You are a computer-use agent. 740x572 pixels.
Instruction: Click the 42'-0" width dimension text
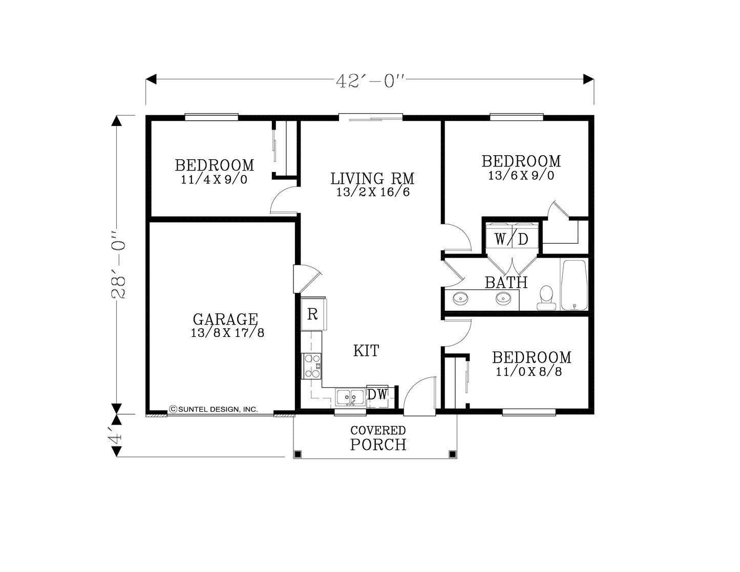pyautogui.click(x=370, y=81)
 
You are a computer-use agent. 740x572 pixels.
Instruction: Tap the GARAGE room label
pyautogui.click(x=225, y=319)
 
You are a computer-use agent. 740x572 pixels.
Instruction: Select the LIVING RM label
pyautogui.click(x=372, y=179)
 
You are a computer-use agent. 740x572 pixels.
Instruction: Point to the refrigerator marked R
pyautogui.click(x=312, y=314)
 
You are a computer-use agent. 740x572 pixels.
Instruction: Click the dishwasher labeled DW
pyautogui.click(x=377, y=394)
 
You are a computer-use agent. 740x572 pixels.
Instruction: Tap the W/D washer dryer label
pyautogui.click(x=511, y=239)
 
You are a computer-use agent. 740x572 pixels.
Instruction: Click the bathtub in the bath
pyautogui.click(x=574, y=285)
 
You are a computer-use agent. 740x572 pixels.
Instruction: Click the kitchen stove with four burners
pyautogui.click(x=312, y=366)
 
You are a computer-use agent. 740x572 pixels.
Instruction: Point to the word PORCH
pyautogui.click(x=378, y=444)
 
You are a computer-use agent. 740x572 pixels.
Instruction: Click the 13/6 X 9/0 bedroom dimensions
pyautogui.click(x=521, y=176)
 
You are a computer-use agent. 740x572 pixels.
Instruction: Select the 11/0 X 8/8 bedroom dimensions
pyautogui.click(x=528, y=372)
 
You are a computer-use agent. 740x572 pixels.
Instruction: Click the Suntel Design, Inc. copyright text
pyautogui.click(x=214, y=409)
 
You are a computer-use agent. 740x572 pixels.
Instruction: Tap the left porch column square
pyautogui.click(x=298, y=454)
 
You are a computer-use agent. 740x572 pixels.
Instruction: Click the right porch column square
pyautogui.click(x=452, y=454)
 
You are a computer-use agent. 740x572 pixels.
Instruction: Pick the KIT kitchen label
pyautogui.click(x=366, y=351)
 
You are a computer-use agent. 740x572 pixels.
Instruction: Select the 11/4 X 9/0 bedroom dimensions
pyautogui.click(x=214, y=180)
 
